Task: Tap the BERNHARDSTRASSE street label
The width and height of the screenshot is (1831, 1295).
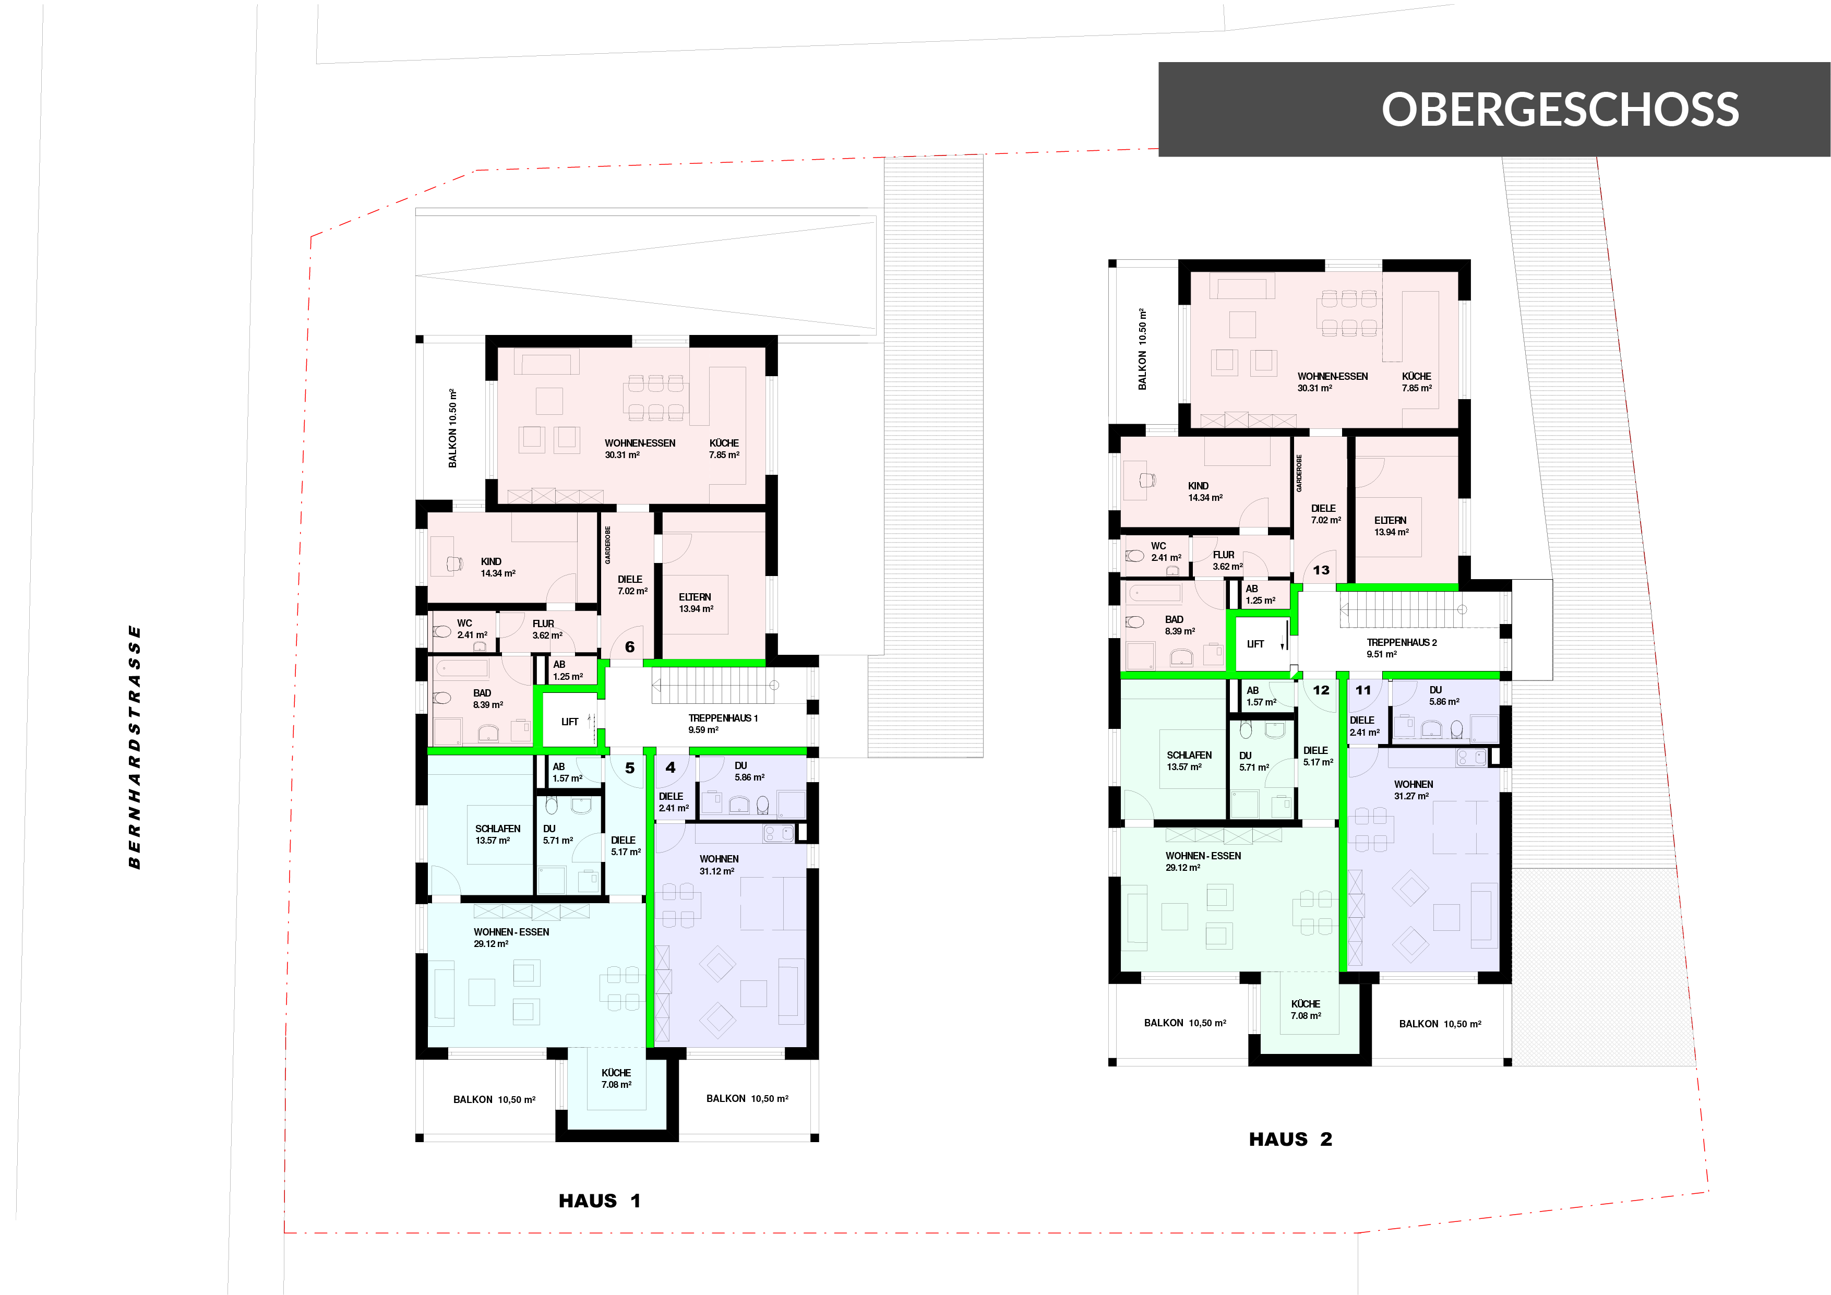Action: [x=135, y=747]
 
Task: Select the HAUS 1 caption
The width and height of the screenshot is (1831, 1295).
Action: [x=600, y=1201]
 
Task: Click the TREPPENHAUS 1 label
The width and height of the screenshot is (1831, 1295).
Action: [x=723, y=718]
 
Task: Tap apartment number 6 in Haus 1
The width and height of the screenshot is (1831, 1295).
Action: [x=630, y=646]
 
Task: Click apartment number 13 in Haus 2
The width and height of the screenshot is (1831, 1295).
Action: [x=1321, y=570]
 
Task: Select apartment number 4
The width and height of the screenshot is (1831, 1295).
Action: [x=671, y=767]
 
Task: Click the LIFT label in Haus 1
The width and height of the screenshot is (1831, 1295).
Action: [x=569, y=722]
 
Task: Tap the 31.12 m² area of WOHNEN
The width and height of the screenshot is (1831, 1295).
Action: [x=717, y=871]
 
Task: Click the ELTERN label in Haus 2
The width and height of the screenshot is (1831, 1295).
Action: [x=1391, y=520]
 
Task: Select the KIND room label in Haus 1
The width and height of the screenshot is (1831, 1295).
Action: [x=491, y=561]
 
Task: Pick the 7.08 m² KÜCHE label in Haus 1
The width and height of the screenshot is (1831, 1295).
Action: [x=616, y=1079]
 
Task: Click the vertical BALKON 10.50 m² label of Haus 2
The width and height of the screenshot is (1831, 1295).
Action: [x=1143, y=349]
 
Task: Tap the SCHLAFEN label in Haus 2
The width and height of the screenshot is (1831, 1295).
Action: [x=1189, y=755]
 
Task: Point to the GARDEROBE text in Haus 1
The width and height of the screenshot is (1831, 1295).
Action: [x=608, y=545]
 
